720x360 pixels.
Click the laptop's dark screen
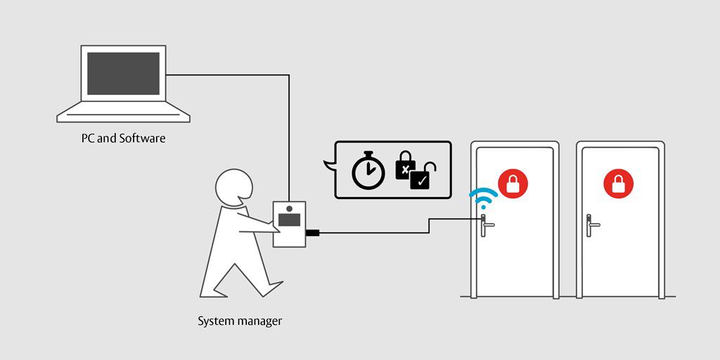(x=123, y=73)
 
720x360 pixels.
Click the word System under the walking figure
(x=214, y=321)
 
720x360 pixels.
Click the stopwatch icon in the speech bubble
(x=368, y=170)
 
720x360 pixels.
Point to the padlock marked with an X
(x=405, y=166)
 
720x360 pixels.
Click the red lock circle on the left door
(x=513, y=184)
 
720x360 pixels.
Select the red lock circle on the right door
(x=619, y=184)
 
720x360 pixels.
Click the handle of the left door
(x=486, y=225)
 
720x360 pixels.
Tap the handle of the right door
(x=591, y=225)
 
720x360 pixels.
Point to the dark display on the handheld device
(x=289, y=220)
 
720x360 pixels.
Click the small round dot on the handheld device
(x=289, y=209)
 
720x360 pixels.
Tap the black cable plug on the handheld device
(x=312, y=233)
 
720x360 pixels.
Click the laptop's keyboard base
(x=123, y=112)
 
